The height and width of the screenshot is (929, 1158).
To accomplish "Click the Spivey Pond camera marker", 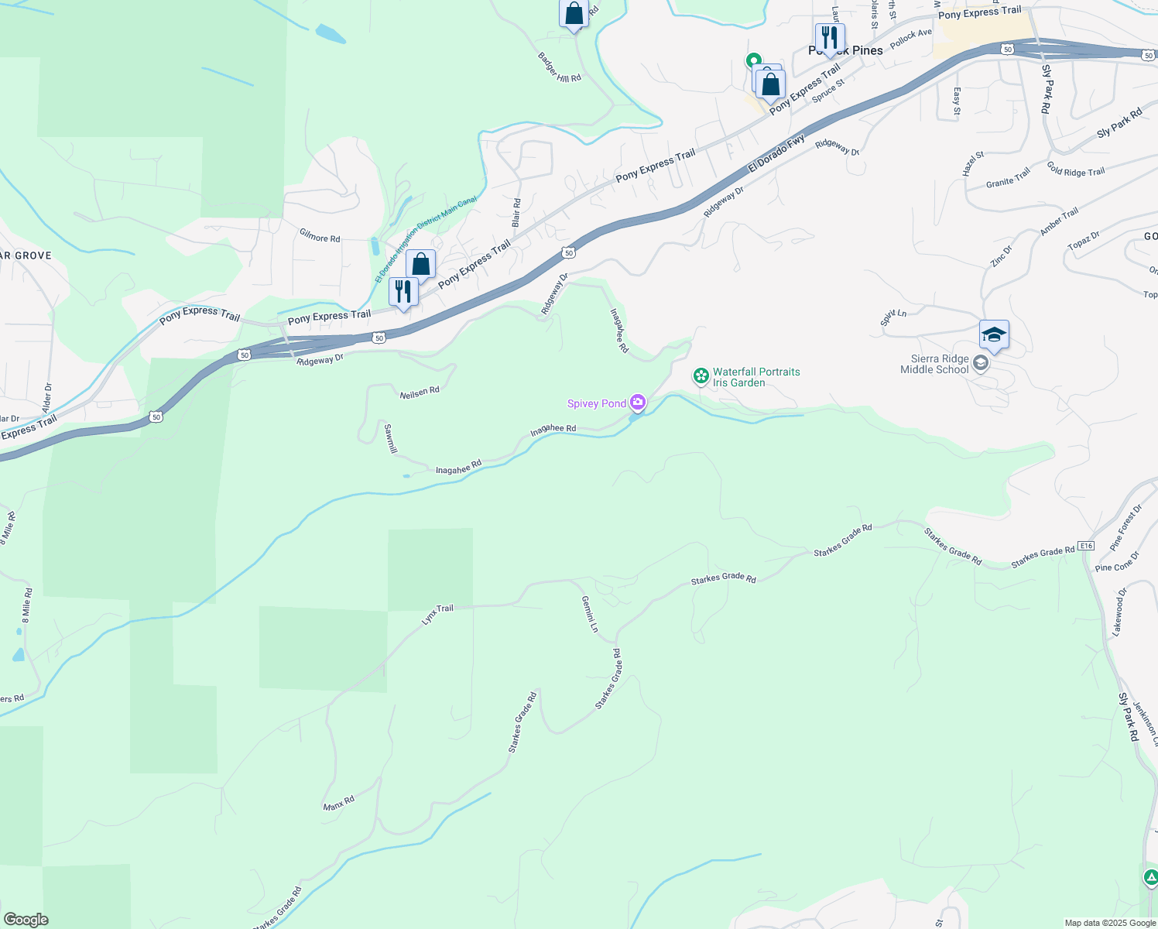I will click(638, 402).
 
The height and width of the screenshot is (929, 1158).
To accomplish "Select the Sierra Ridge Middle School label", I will click(935, 365).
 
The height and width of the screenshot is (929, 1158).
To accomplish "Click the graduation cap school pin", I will click(994, 335).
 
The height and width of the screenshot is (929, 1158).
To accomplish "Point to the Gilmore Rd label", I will click(320, 238).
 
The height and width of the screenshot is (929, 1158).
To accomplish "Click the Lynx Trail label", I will click(437, 614).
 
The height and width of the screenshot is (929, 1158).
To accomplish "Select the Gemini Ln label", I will click(590, 614).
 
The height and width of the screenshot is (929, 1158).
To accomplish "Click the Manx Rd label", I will click(339, 803).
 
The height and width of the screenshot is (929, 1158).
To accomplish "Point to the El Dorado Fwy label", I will click(776, 155).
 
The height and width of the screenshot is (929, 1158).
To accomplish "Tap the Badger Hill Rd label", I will click(560, 67).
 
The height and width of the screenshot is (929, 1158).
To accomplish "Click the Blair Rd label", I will click(516, 212).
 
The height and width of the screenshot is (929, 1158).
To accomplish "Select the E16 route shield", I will click(1086, 546).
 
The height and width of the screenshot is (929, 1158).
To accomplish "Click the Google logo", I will click(26, 920).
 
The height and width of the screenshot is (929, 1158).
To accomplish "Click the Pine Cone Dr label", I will click(1117, 563).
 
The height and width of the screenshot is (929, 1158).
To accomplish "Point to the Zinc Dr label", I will click(1001, 256).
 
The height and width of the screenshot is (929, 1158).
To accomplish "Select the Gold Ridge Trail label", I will click(1075, 170).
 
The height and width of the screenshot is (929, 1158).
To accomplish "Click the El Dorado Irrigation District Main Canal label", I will click(426, 238).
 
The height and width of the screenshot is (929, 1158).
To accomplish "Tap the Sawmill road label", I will click(391, 438).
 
